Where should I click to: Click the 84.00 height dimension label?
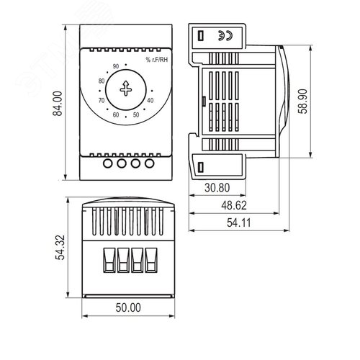(x=58, y=104)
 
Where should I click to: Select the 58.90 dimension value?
(x=302, y=102)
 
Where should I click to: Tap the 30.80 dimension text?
(x=217, y=188)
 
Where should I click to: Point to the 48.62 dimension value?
(x=234, y=205)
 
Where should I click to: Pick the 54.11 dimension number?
(x=239, y=223)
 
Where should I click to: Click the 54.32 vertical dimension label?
(x=60, y=248)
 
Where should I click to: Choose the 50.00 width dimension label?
(x=128, y=307)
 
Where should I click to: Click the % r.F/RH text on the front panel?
(x=157, y=60)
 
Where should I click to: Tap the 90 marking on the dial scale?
(x=116, y=66)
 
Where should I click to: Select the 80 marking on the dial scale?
(x=102, y=81)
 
